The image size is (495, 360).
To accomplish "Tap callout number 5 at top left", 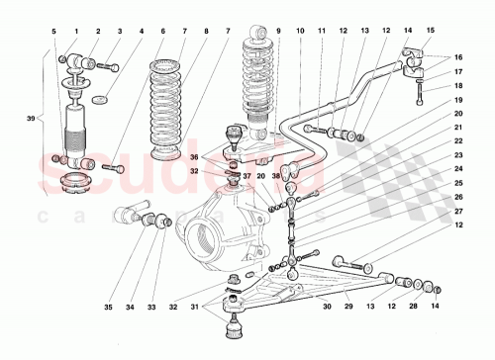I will (54, 33).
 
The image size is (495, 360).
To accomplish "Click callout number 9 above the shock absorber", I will (279, 33).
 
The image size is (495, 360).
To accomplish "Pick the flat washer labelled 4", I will (99, 100).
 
